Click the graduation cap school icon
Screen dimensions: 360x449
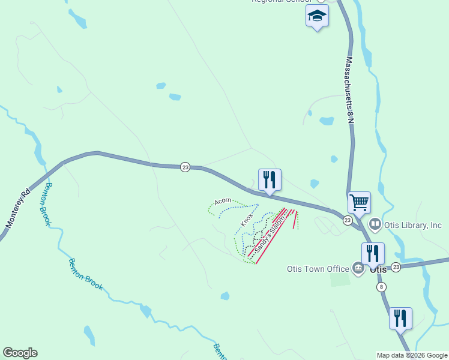tap(317, 16)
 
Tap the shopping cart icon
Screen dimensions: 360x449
tap(359, 202)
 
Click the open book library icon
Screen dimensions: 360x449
tap(375, 224)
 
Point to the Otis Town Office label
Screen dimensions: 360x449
tap(318, 269)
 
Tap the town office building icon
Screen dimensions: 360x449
tap(358, 268)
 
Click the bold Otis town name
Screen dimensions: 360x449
tap(378, 269)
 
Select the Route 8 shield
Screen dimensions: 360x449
tap(382, 287)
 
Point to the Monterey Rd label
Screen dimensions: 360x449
tap(17, 208)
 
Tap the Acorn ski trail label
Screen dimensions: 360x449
tap(223, 201)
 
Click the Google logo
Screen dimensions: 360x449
tap(20, 353)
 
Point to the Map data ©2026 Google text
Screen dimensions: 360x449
tap(412, 355)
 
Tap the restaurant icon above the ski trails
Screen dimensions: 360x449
tap(270, 179)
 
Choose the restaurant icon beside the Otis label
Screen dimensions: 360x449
tap(373, 253)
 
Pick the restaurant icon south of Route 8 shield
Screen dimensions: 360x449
tap(400, 318)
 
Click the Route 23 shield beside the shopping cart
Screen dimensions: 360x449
tap(348, 221)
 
